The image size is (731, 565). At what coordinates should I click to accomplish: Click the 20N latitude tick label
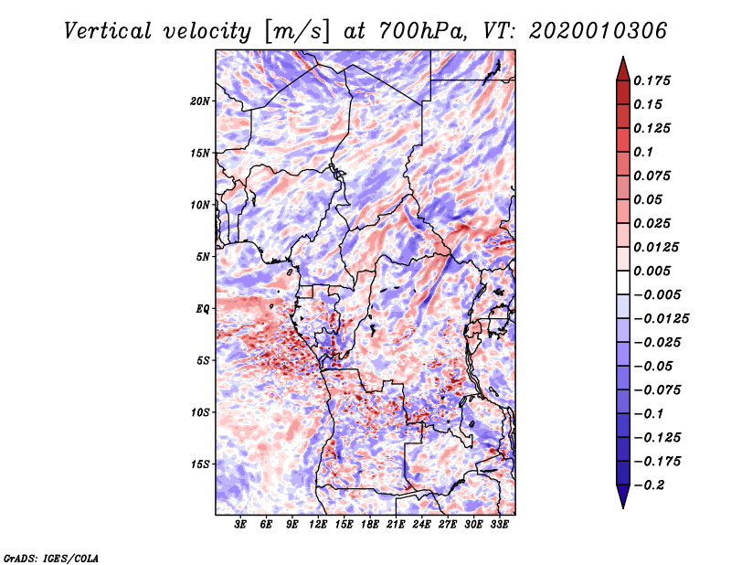tap(200, 101)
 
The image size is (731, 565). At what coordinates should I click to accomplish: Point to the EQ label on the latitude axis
tap(203, 309)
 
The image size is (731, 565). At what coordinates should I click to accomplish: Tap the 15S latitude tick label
tap(200, 464)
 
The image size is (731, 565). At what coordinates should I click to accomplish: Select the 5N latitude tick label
tap(203, 257)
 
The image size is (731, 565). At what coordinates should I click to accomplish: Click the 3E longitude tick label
tap(240, 525)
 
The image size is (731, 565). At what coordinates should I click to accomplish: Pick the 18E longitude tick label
tap(370, 525)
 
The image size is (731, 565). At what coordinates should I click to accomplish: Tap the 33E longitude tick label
tap(499, 525)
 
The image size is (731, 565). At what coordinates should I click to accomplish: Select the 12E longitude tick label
tap(318, 525)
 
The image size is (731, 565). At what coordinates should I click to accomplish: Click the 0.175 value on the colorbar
tap(652, 80)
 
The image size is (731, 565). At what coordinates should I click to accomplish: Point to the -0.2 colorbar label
tap(649, 485)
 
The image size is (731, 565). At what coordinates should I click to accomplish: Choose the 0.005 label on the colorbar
tap(652, 271)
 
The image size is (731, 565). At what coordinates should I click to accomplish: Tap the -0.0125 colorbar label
tap(661, 319)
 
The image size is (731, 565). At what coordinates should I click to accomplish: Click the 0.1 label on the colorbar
tap(643, 152)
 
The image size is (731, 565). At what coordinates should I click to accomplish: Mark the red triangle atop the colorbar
tap(623, 69)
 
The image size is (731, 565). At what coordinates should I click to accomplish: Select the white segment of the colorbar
tap(623, 282)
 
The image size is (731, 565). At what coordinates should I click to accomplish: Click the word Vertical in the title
tap(108, 31)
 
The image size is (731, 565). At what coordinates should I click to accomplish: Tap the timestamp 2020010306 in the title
tap(599, 31)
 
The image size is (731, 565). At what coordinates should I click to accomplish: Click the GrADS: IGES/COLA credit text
tap(51, 558)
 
